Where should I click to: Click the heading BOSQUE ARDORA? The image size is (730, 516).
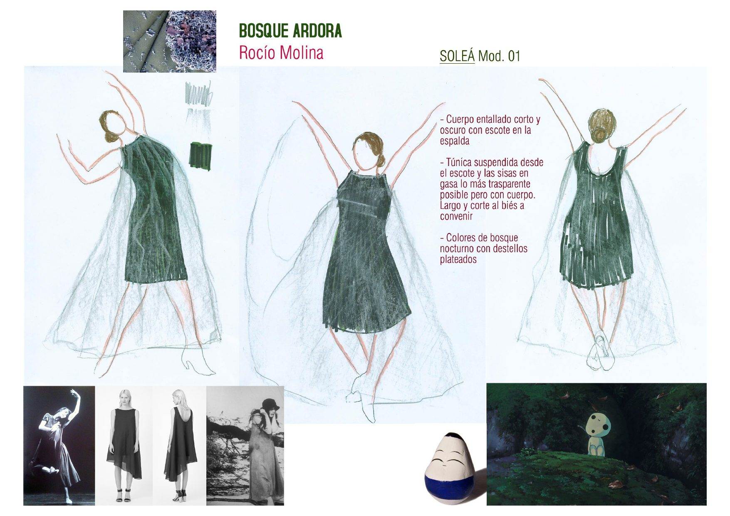pos(290,31)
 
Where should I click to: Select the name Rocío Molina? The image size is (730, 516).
pos(281,53)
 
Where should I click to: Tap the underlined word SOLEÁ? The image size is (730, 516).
pos(457,56)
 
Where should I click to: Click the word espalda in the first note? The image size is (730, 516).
pos(455,141)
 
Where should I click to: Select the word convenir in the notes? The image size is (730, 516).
pos(456,216)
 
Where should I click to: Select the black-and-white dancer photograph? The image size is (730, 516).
pos(59,446)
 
